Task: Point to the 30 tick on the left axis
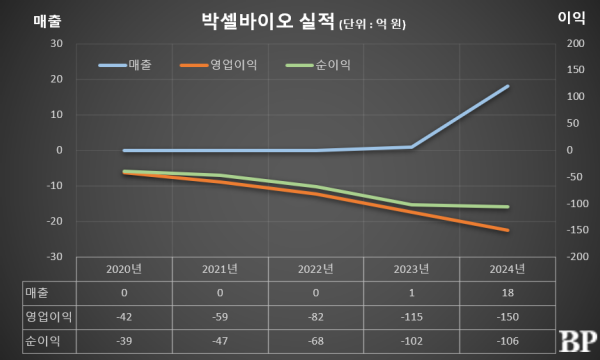click(x=56, y=44)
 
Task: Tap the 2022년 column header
click(x=315, y=268)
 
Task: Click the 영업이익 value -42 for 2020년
click(x=124, y=316)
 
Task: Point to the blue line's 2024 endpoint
click(x=508, y=86)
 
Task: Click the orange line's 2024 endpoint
click(x=508, y=231)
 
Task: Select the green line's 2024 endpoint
click(x=508, y=207)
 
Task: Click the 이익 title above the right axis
click(x=570, y=19)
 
